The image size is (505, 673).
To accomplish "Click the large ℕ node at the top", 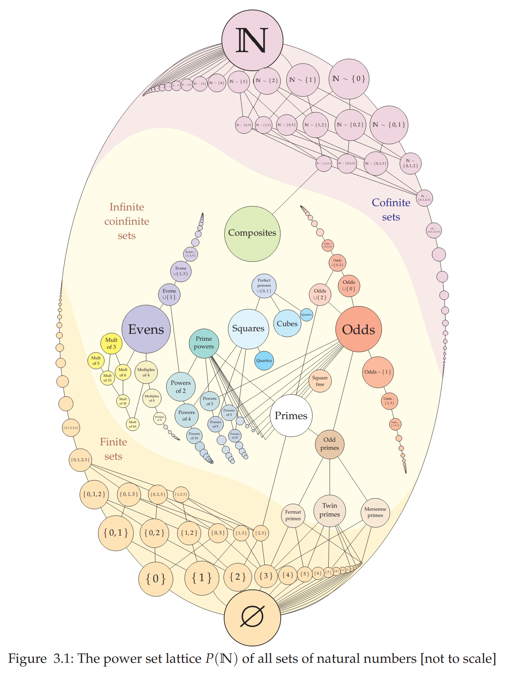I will coord(252,40).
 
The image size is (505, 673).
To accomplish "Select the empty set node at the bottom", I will coord(252,617).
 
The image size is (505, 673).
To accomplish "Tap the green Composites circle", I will coord(252,233).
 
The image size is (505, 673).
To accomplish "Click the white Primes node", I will coord(291,415).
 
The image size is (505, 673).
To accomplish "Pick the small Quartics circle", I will coord(264,360).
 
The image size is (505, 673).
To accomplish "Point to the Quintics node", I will coord(306,314).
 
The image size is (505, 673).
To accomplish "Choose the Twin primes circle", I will coord(329,510).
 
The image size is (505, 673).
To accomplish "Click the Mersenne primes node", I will coord(375,512).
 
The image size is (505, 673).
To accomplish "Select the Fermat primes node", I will coord(293,515).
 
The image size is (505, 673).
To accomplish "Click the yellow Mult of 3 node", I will coord(111,343).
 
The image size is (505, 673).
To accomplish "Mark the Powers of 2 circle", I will coord(181,387).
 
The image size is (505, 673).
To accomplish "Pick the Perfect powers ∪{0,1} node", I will coord(264,286).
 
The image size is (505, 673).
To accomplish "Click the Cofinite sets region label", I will coord(391,210).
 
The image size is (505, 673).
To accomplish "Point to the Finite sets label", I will coord(113,449).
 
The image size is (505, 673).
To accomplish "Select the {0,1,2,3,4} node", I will coord(71,428).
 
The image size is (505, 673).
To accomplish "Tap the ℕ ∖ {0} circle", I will coord(349,79).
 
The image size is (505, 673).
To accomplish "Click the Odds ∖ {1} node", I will coord(378,372).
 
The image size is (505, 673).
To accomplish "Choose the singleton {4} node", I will coord(287,575).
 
